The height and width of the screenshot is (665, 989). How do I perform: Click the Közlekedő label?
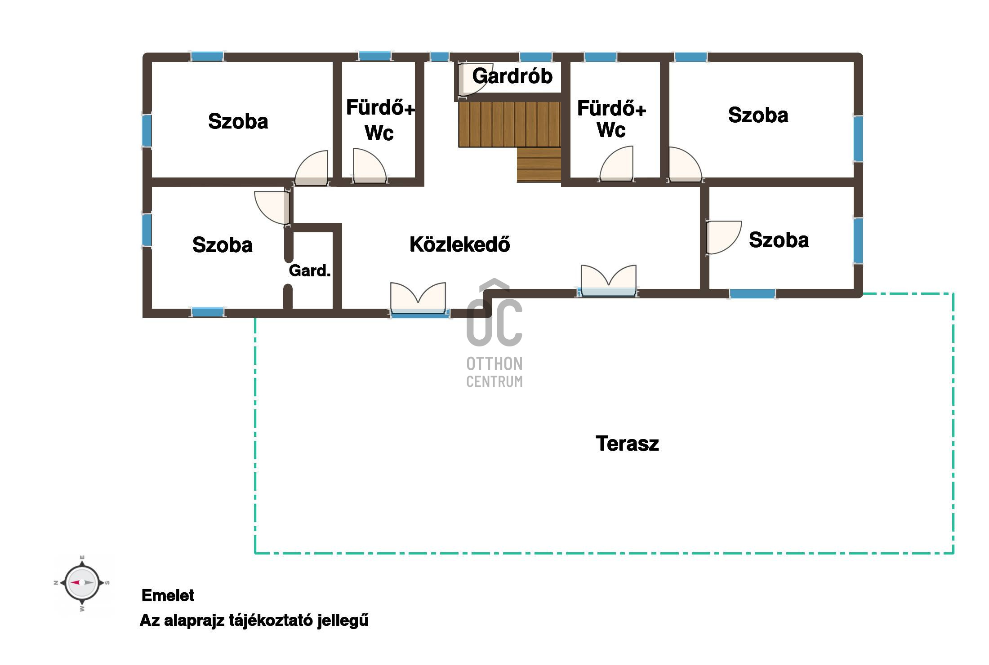[459, 244]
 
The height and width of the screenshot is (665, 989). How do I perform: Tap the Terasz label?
[627, 443]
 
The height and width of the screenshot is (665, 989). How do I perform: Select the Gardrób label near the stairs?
[512, 76]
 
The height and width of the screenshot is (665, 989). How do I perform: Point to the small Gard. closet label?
[310, 270]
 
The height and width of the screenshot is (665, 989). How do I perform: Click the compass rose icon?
[82, 583]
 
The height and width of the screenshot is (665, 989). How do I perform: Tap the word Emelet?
[168, 595]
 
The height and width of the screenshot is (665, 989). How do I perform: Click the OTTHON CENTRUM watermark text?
[494, 372]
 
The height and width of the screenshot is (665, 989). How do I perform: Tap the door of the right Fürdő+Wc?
[616, 164]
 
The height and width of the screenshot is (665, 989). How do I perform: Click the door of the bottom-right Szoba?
[723, 237]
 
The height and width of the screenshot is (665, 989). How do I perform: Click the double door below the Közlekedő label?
[418, 299]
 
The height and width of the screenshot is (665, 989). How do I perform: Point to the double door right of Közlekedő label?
[609, 280]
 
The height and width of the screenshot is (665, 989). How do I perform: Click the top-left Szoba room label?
[238, 121]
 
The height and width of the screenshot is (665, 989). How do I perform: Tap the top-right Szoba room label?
[758, 115]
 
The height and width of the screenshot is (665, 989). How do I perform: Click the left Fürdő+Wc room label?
[380, 120]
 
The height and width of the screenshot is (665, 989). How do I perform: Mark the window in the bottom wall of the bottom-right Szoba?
[752, 294]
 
